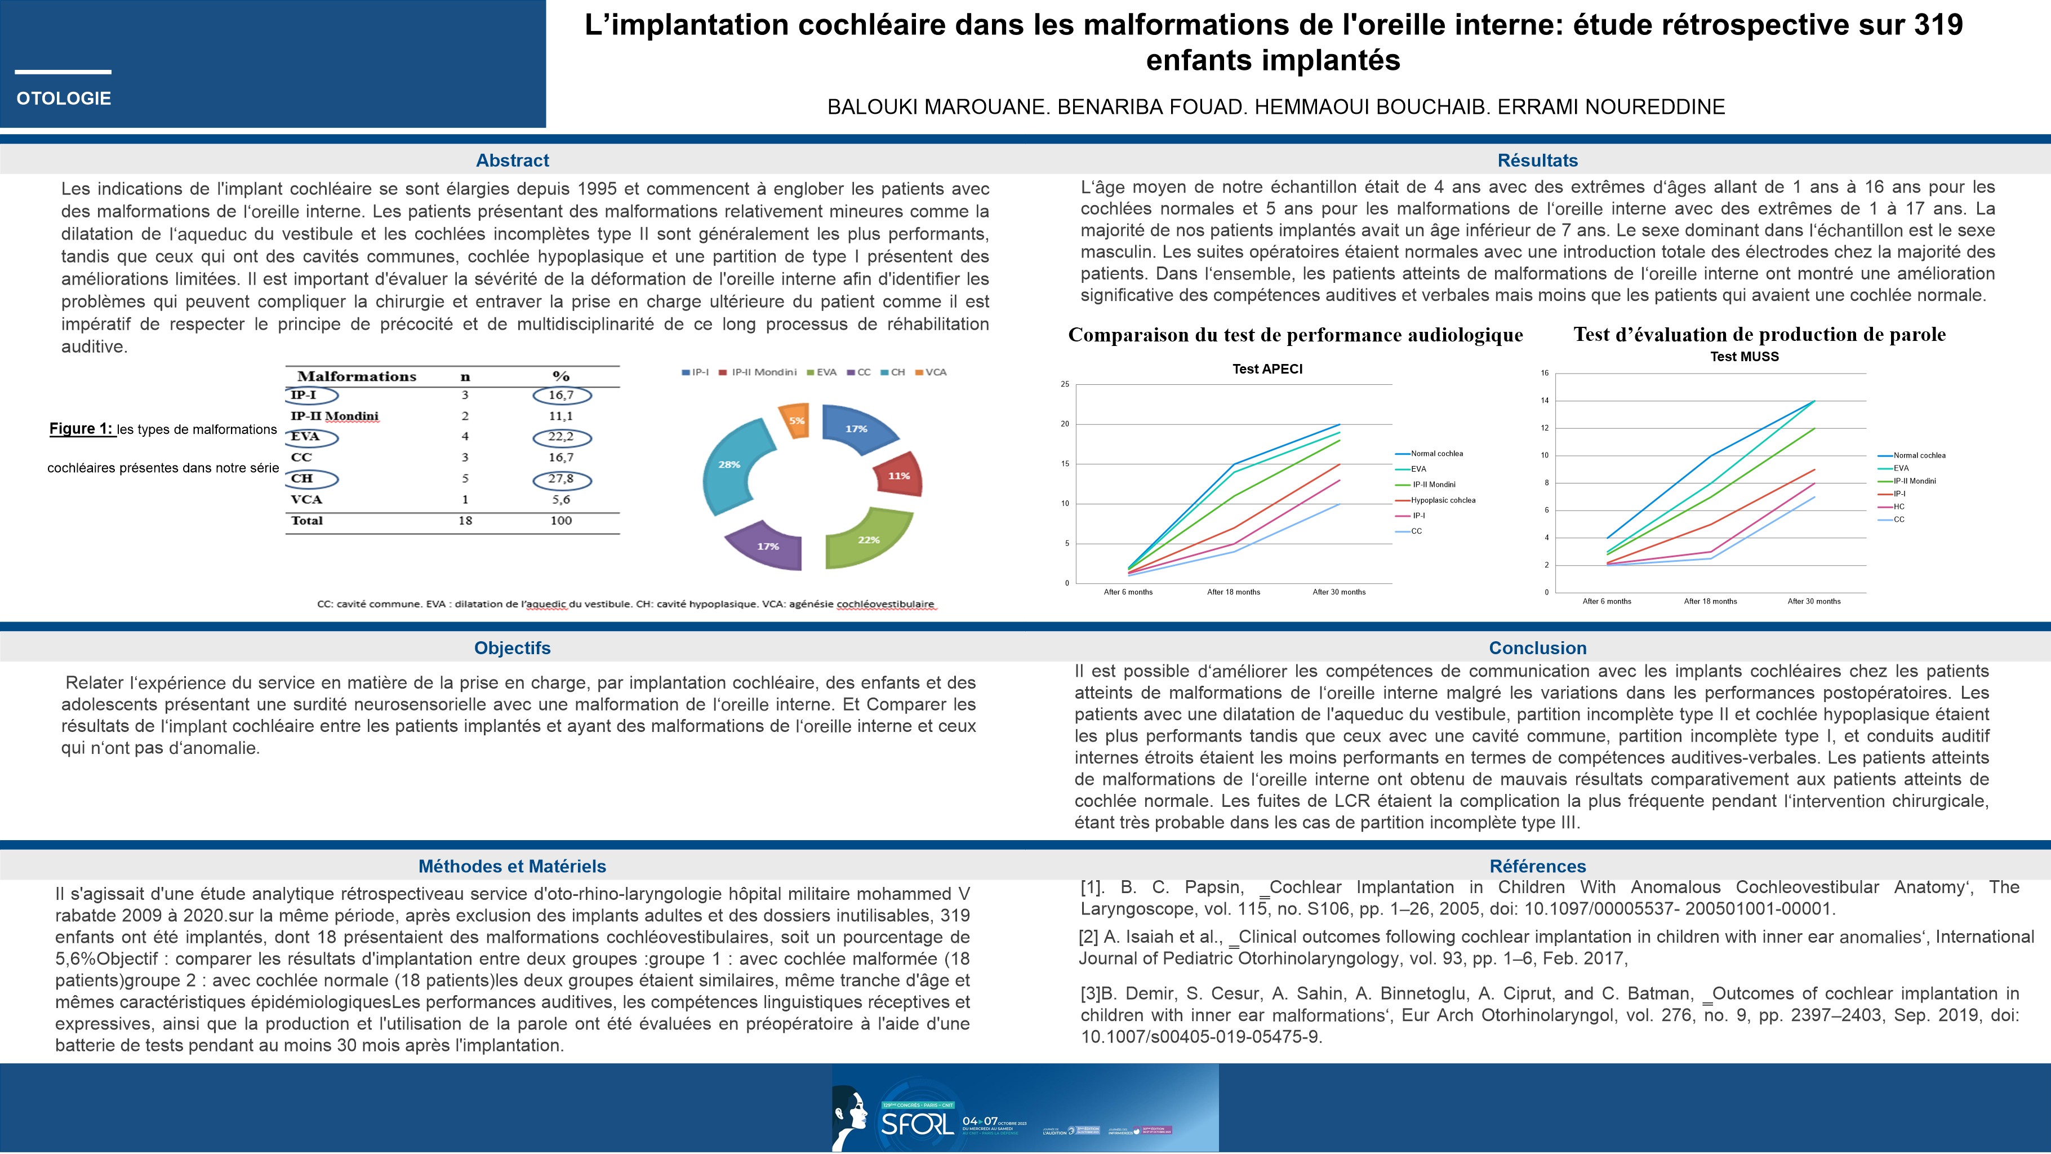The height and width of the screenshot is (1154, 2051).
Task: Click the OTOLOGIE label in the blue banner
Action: [x=64, y=99]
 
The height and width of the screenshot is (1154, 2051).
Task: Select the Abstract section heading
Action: [x=512, y=160]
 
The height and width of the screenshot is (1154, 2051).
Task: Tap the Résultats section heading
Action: [x=1537, y=160]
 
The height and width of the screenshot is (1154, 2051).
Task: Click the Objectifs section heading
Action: [x=512, y=648]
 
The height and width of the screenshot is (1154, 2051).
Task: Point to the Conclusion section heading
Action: [x=1537, y=648]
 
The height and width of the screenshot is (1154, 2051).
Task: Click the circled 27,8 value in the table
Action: [x=560, y=478]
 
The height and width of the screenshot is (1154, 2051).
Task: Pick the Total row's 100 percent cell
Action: [x=560, y=521]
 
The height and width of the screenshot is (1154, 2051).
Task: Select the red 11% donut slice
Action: [x=898, y=476]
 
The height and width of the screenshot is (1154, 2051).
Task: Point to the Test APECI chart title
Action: [x=1267, y=369]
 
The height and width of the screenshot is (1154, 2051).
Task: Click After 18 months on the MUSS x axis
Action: [x=1710, y=601]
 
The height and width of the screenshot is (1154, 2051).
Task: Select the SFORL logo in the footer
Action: [x=915, y=1123]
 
